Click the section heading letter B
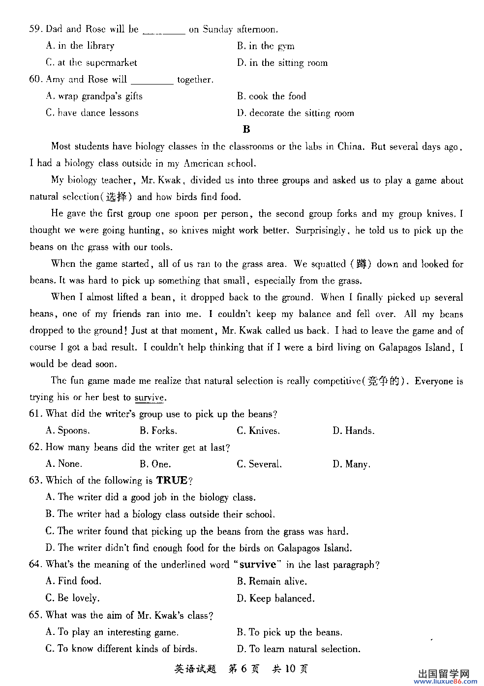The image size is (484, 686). pyautogui.click(x=246, y=129)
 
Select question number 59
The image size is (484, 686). pyautogui.click(x=35, y=29)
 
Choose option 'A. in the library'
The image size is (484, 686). pyautogui.click(x=80, y=46)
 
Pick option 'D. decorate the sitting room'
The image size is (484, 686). pyautogui.click(x=295, y=113)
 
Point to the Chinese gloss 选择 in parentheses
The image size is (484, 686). pyautogui.click(x=117, y=197)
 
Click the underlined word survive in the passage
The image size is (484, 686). pyautogui.click(x=149, y=398)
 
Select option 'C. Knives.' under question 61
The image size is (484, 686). pyautogui.click(x=258, y=431)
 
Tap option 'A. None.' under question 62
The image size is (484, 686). pyautogui.click(x=64, y=464)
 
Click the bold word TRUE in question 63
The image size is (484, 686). pyautogui.click(x=172, y=481)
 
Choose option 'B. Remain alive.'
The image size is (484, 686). pyautogui.click(x=272, y=581)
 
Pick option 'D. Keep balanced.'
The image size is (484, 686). pyautogui.click(x=275, y=599)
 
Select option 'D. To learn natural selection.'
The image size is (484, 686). pyautogui.click(x=298, y=649)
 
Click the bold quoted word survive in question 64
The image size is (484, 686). pyautogui.click(x=258, y=565)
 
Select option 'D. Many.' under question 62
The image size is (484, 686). pyautogui.click(x=351, y=464)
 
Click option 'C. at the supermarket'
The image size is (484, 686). pyautogui.click(x=91, y=62)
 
